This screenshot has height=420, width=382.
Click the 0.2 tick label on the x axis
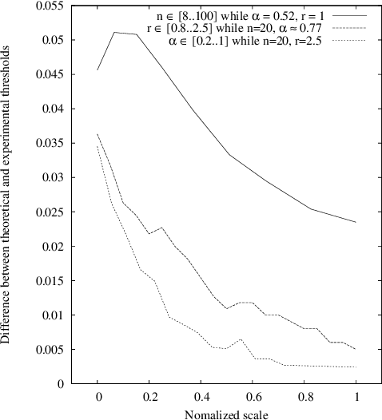pos(149,396)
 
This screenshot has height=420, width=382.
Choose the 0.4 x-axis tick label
pos(201,396)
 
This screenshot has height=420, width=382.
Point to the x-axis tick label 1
pos(356,396)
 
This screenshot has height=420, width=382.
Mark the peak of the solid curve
pos(114,33)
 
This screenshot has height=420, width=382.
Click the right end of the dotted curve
pos(356,367)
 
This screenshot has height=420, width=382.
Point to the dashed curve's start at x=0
pos(98,134)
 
